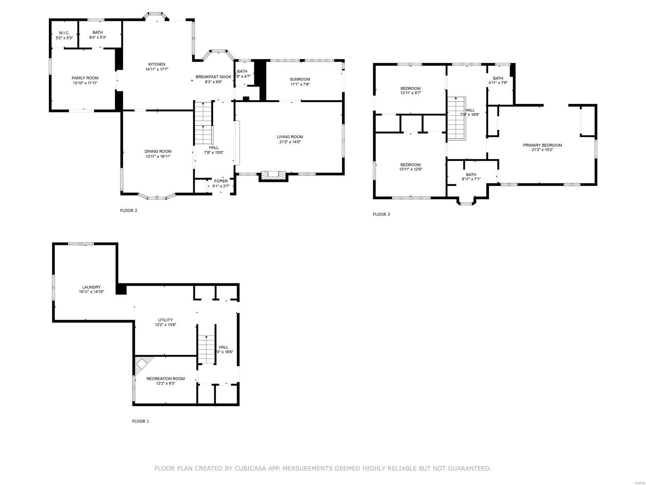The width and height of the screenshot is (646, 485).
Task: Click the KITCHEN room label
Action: coord(157,64)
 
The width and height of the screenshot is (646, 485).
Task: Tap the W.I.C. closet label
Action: coord(64,33)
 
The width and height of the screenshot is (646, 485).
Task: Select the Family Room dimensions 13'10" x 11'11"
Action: coord(85,83)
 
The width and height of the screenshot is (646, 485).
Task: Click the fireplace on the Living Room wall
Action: coord(273,175)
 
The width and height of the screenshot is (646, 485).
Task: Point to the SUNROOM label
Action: coord(300,79)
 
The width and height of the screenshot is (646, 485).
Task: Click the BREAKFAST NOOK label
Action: coord(213,77)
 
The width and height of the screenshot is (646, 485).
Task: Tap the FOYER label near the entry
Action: coord(221,181)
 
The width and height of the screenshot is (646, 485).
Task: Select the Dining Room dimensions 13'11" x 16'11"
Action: coord(158,156)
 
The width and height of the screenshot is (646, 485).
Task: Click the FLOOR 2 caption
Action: coord(129,210)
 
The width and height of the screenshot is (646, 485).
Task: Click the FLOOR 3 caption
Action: coord(381,214)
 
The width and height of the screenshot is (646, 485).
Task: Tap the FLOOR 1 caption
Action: coord(141,421)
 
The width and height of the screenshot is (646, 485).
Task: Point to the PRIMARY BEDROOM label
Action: coord(542,145)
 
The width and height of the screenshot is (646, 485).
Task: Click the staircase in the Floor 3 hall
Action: coord(456,118)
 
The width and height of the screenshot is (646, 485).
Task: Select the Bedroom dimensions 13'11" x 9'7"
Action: coord(410,93)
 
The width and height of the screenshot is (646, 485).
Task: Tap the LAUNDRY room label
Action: coord(91,287)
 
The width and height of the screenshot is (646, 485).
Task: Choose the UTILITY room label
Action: coord(165,320)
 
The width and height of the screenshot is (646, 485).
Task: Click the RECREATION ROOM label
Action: coord(166,379)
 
